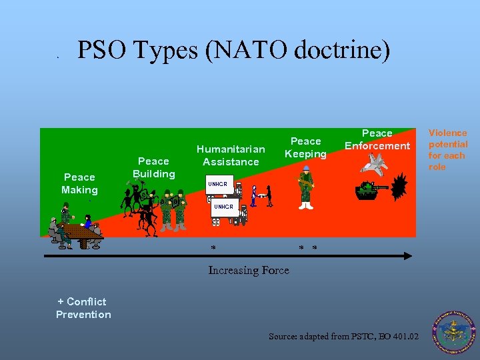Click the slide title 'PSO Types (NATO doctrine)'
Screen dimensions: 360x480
(233, 51)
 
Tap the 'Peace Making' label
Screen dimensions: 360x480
(79, 183)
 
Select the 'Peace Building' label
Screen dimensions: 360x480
(153, 167)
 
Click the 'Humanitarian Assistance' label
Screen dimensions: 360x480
(231, 155)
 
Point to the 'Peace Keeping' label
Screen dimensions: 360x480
(306, 147)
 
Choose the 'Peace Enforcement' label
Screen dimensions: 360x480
(377, 139)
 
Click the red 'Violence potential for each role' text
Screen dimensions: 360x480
(448, 150)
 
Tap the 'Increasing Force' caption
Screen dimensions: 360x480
(249, 270)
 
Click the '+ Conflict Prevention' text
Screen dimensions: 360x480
(83, 308)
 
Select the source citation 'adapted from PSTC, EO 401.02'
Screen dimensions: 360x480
(343, 337)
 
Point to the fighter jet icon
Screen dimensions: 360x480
(377, 163)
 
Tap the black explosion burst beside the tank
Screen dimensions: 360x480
(399, 189)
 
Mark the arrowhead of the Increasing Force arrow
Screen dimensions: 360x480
(408, 255)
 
